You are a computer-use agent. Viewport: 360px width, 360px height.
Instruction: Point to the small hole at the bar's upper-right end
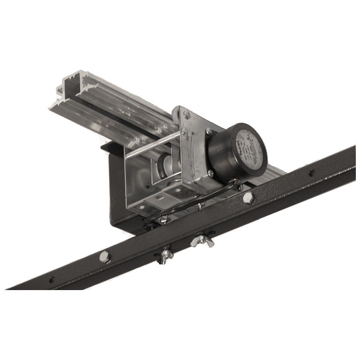point(311,173)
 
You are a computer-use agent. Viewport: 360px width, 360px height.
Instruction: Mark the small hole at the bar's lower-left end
point(52,279)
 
